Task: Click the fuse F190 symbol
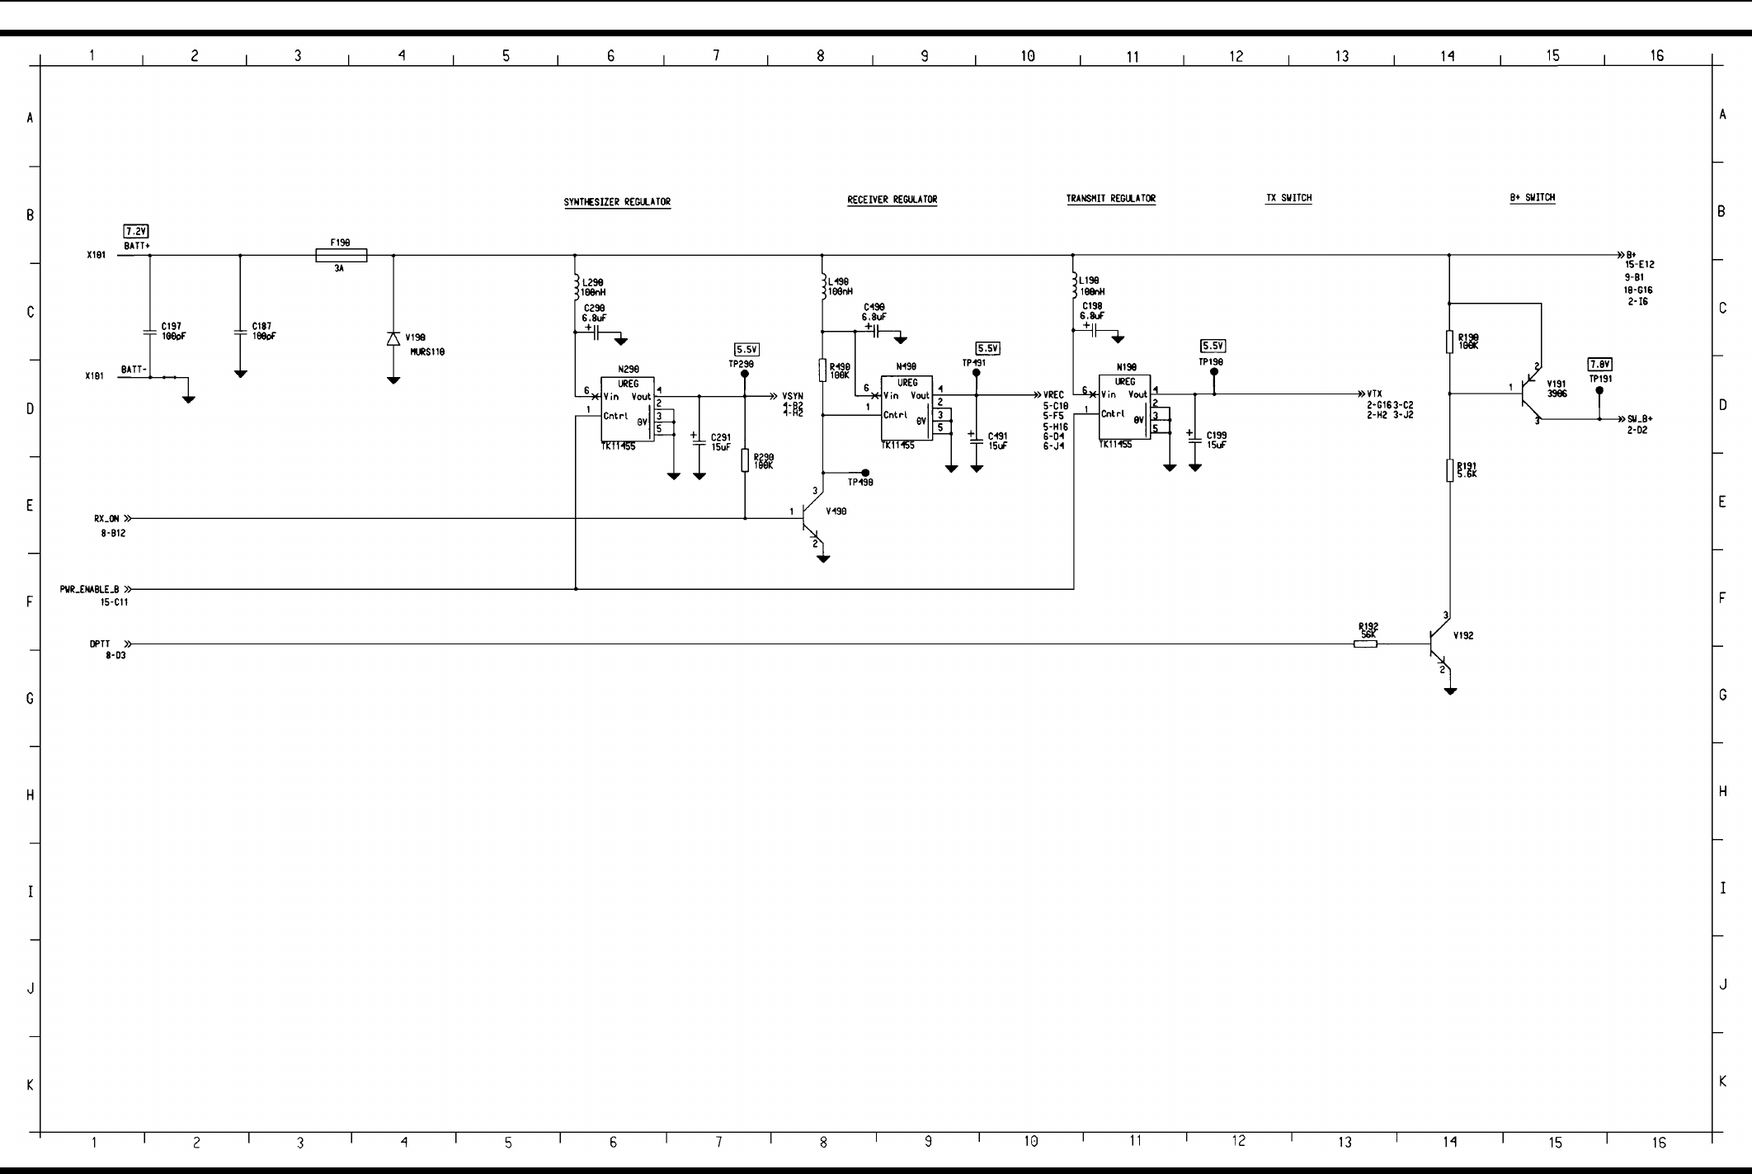[x=341, y=256]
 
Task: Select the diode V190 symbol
[x=393, y=339]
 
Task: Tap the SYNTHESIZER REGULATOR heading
[x=617, y=202]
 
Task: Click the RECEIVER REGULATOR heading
[x=892, y=200]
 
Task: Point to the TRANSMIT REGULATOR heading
[x=1110, y=199]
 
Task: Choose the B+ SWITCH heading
[x=1532, y=198]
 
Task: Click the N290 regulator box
[x=627, y=409]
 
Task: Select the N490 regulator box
[x=907, y=408]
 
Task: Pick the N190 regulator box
[x=1124, y=407]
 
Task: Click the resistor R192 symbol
[x=1365, y=644]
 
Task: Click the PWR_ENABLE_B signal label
[x=89, y=590]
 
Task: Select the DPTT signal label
[x=100, y=644]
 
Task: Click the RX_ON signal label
[x=106, y=519]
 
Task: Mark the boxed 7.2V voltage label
[x=136, y=231]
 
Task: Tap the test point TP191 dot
[x=1599, y=390]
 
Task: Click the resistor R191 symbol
[x=1449, y=470]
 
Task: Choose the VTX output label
[x=1374, y=394]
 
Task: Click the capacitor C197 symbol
[x=150, y=332]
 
